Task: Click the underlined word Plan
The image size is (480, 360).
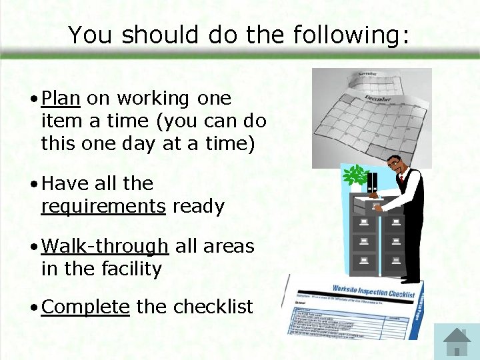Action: (x=61, y=99)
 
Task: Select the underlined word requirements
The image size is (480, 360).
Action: (x=103, y=207)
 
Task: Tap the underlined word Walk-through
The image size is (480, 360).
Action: (x=105, y=247)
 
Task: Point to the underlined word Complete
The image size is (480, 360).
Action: (x=85, y=307)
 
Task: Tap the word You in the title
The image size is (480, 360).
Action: (x=89, y=35)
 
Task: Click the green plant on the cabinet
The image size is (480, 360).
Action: (x=355, y=176)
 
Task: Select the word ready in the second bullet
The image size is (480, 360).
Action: (x=198, y=207)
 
